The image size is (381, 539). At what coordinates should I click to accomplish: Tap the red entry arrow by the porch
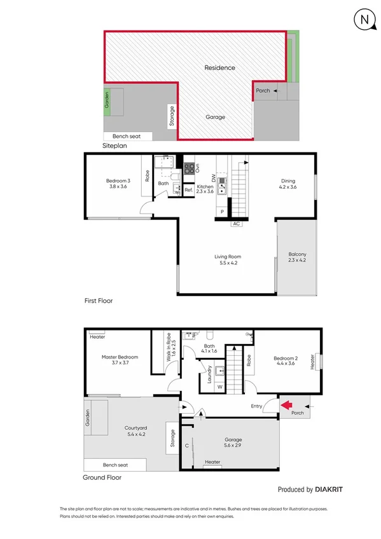pos(285,404)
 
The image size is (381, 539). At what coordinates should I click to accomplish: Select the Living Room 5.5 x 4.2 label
pos(227,260)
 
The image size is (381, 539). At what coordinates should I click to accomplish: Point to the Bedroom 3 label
pos(118,184)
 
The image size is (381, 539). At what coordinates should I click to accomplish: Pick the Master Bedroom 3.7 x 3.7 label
pos(120,360)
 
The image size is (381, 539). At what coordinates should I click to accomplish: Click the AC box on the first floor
pos(236,224)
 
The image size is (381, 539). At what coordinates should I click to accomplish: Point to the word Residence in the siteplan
pos(219,68)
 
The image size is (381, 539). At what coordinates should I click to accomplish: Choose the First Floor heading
pos(99,300)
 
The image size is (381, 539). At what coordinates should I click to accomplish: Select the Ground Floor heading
pos(102,477)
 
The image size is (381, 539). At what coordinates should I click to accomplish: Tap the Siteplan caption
pos(115,146)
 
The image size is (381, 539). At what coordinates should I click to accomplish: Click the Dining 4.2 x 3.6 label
pos(288,184)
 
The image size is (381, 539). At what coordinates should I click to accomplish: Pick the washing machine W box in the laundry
pos(220,386)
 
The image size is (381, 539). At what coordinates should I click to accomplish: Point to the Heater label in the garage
pos(212,462)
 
